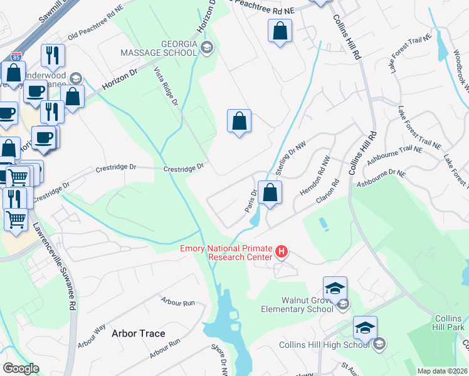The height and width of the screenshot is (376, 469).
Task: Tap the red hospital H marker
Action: tap(282, 252)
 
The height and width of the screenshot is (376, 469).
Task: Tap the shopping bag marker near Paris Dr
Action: tap(270, 194)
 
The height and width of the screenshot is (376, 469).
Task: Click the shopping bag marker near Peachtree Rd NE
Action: tap(280, 31)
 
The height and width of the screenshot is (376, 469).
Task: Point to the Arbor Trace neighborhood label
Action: tap(139, 333)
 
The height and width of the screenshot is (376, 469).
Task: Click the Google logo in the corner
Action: tap(21, 368)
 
